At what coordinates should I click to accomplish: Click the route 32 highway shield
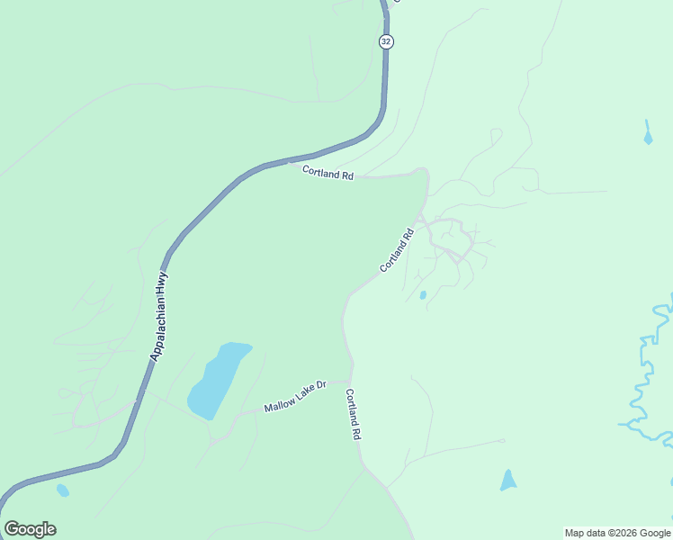tap(386, 41)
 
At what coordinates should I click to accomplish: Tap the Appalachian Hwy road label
tap(159, 318)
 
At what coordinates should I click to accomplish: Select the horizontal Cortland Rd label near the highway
tap(328, 172)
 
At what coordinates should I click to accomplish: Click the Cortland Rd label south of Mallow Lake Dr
tap(354, 414)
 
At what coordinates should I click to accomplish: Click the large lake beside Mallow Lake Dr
tap(218, 378)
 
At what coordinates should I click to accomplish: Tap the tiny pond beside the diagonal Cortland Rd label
tap(423, 294)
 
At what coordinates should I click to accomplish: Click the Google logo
tap(30, 529)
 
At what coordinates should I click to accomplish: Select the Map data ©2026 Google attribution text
tap(617, 533)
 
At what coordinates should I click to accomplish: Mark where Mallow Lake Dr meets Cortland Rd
tap(350, 382)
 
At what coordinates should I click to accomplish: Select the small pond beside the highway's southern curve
tap(62, 490)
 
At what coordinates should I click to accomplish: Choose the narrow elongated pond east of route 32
tap(647, 133)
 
